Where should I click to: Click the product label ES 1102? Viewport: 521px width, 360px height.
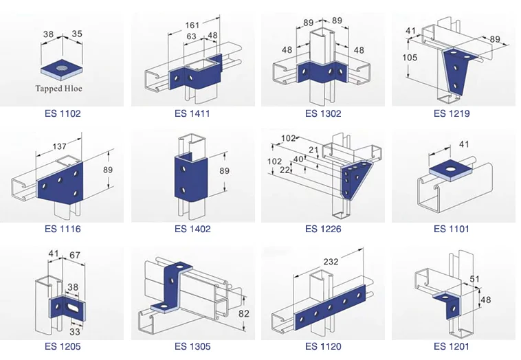pos(63,113)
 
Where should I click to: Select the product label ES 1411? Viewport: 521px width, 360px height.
pos(192,113)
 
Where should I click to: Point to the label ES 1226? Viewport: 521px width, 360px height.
pos(323,229)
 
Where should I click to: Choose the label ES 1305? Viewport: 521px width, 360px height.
pos(192,346)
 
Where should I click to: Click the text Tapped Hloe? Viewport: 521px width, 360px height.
pos(63,88)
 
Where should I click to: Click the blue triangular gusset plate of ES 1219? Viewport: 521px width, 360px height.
pos(452,71)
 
